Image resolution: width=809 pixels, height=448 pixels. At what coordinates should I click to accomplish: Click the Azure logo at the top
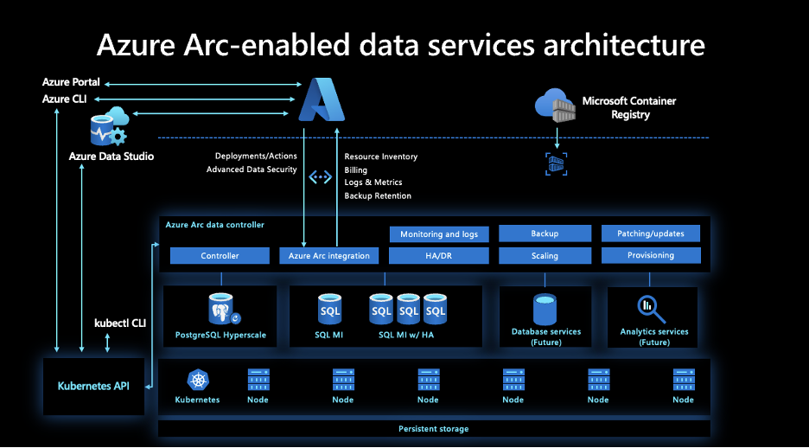tap(321, 99)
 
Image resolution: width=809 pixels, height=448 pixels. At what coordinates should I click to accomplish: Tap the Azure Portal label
tap(71, 82)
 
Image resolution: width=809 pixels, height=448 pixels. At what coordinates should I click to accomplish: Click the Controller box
tap(220, 256)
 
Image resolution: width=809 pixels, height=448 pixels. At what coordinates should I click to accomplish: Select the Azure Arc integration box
tap(329, 256)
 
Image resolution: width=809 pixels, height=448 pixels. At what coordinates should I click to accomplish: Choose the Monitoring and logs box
tap(439, 234)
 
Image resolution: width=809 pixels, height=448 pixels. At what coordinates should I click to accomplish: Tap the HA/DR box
tap(439, 256)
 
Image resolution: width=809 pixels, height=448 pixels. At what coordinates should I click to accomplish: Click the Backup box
tap(545, 234)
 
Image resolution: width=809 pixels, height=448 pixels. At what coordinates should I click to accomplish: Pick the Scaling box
tap(545, 256)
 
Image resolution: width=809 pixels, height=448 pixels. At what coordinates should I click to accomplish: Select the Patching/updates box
tap(651, 234)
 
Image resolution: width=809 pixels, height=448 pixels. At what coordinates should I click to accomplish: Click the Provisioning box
tap(651, 255)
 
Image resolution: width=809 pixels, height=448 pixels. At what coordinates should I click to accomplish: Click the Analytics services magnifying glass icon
tap(649, 308)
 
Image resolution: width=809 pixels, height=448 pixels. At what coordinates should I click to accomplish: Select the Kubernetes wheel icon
tap(197, 381)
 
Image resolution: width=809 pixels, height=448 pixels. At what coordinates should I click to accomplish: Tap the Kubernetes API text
tap(93, 386)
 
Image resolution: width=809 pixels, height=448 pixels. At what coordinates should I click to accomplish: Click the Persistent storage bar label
tap(433, 429)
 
